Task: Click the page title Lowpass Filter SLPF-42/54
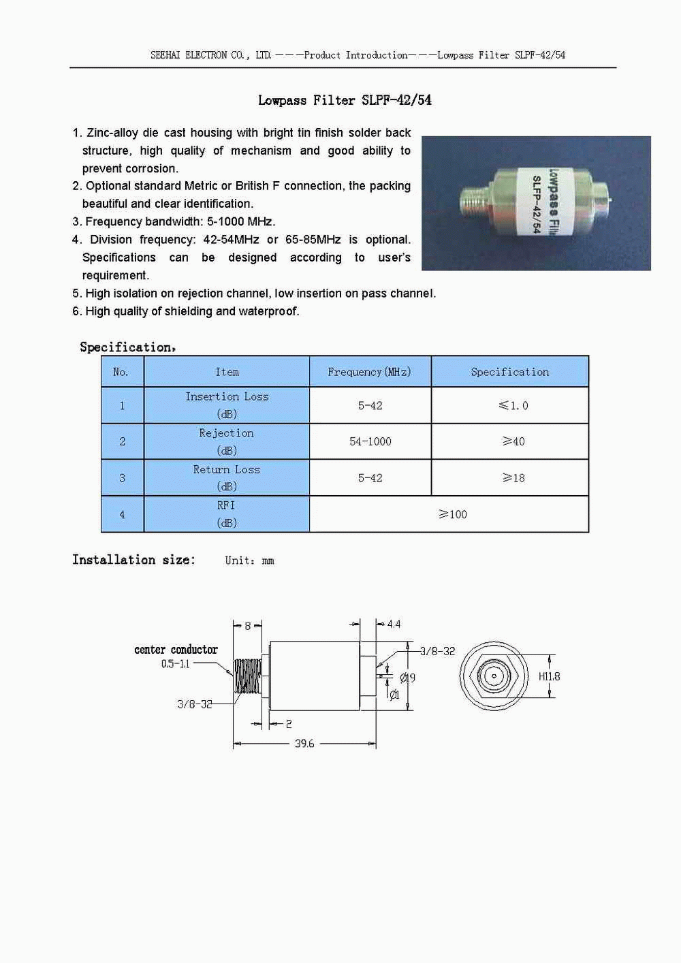tap(345, 100)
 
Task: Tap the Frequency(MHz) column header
tap(369, 372)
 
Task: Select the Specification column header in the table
tap(509, 372)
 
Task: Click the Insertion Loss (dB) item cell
tap(227, 405)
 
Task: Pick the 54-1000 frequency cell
tap(370, 441)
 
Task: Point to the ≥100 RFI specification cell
tap(453, 514)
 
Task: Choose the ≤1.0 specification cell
tap(513, 405)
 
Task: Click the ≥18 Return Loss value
tap(513, 478)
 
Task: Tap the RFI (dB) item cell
tap(226, 514)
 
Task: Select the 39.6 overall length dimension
tap(304, 744)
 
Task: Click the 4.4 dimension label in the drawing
tap(394, 624)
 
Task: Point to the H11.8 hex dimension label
tap(549, 676)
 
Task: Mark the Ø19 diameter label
tap(407, 678)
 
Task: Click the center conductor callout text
tap(176, 650)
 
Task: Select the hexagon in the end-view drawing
tap(494, 676)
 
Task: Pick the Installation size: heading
tap(133, 560)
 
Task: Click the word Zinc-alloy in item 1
tap(112, 133)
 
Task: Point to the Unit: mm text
tap(249, 561)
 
